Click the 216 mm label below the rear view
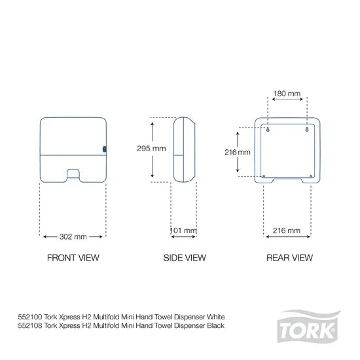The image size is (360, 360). (x=285, y=230)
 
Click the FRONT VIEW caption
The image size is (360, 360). (x=73, y=258)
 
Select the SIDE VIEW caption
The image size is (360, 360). (x=184, y=258)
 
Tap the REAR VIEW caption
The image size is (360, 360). (x=289, y=258)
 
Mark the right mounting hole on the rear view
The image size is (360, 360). (x=306, y=128)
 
